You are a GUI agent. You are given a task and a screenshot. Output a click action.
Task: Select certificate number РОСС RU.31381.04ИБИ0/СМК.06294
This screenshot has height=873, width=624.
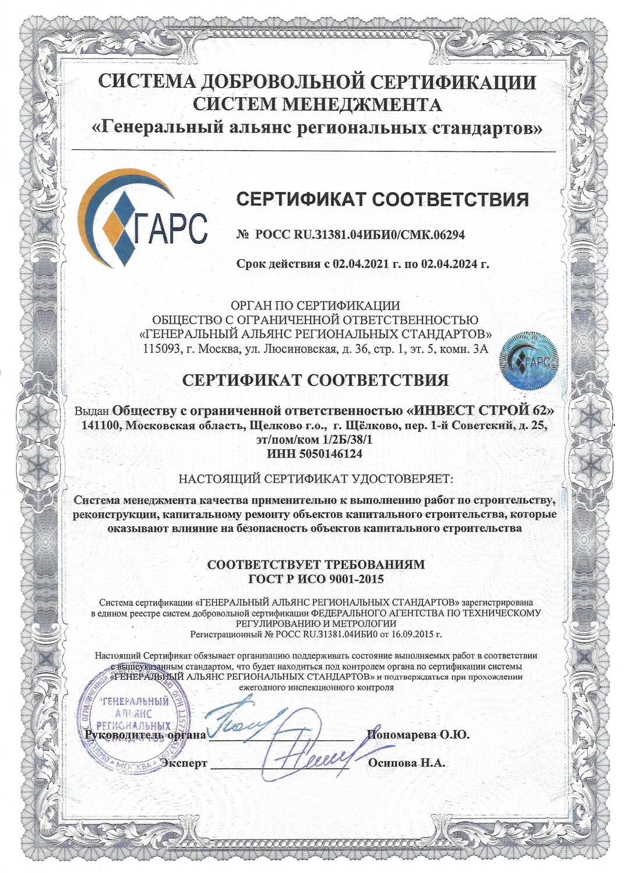(x=359, y=235)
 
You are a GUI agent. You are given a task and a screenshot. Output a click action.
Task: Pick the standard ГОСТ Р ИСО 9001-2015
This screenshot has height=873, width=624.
(x=316, y=579)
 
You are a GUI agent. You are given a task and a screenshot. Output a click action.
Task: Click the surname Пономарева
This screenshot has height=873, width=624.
(x=401, y=734)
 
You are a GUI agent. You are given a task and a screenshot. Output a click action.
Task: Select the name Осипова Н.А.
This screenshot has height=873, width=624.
(x=407, y=763)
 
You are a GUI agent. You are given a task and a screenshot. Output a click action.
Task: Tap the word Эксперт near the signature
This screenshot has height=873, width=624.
(x=184, y=763)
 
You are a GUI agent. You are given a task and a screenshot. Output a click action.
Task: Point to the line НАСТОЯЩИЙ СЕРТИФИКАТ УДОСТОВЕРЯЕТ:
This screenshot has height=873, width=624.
(x=315, y=480)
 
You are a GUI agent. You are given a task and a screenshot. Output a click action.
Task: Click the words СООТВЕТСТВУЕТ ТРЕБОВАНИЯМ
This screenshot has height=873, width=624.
(x=316, y=564)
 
